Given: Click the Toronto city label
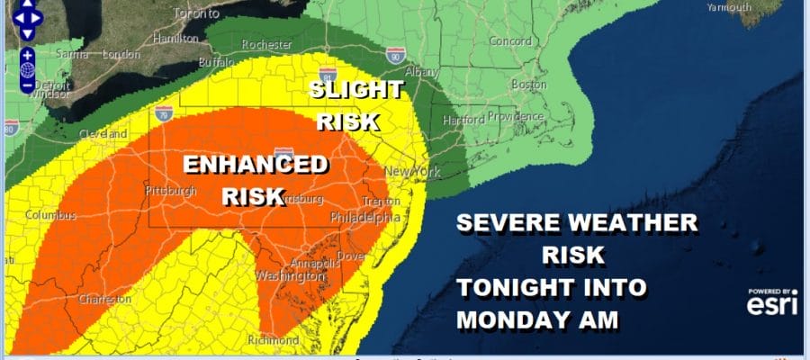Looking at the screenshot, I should (196, 13).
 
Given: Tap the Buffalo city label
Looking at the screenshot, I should (214, 64).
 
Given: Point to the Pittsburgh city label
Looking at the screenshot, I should (170, 192).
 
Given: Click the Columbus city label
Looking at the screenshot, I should (50, 216).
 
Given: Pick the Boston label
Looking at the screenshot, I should (528, 85).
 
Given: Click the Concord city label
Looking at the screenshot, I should (510, 41).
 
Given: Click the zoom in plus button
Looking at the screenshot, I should (29, 54).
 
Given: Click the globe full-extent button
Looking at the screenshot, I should (29, 69).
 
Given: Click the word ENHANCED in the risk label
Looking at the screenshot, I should (255, 165).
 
